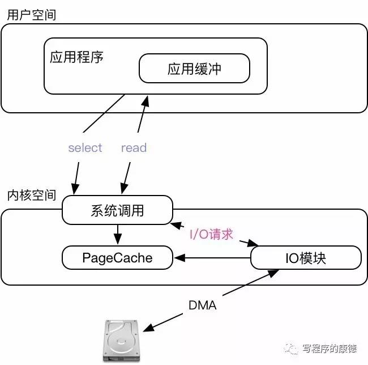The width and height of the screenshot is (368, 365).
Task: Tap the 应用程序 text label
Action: click(x=76, y=58)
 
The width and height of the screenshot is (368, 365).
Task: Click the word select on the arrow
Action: click(x=85, y=148)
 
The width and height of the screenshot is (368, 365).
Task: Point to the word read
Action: click(x=134, y=148)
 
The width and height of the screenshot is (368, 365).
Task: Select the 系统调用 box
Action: click(x=117, y=210)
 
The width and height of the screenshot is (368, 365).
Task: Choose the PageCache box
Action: click(x=117, y=258)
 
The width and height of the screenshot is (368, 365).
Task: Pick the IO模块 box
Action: click(x=305, y=258)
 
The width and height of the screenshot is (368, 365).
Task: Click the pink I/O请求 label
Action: click(x=212, y=234)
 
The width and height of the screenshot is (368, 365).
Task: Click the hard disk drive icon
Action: click(x=121, y=341)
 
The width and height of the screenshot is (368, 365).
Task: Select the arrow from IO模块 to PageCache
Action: click(x=212, y=258)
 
